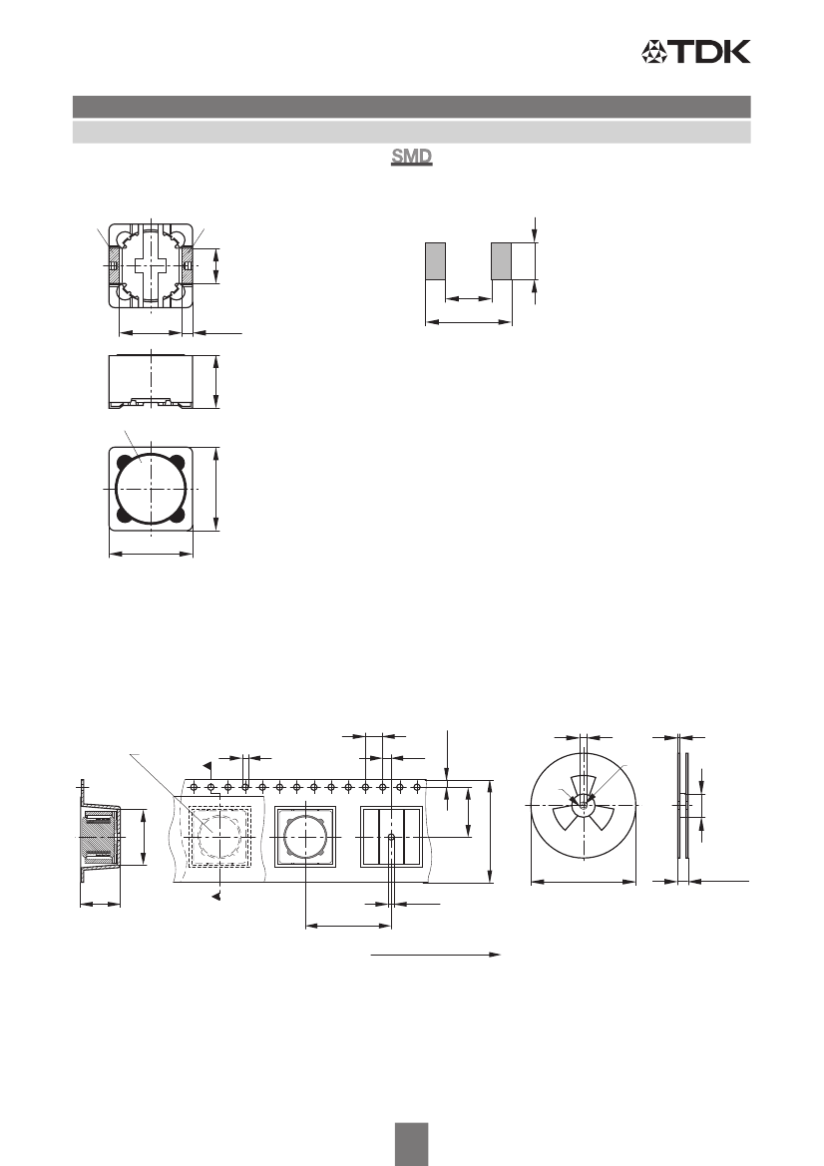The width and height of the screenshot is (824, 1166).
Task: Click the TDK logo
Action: click(696, 51)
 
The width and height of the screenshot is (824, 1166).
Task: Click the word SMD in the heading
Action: click(412, 158)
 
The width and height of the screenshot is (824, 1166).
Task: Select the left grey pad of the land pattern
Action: click(435, 260)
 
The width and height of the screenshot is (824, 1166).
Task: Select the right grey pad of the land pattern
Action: click(501, 260)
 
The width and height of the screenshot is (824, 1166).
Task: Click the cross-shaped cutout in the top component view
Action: click(152, 265)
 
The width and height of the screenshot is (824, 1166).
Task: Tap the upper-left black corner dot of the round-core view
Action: click(122, 460)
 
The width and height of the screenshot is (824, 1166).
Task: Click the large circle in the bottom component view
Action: click(151, 489)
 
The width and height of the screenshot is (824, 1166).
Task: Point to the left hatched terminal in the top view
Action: click(113, 265)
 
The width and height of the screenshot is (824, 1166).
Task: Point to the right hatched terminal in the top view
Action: click(188, 265)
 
